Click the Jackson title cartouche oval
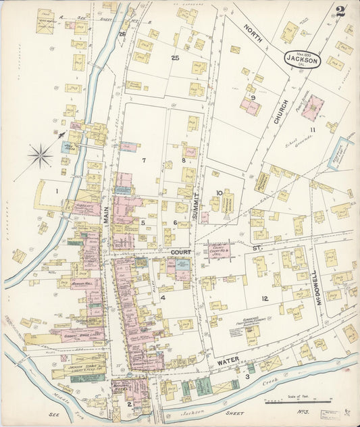[302, 59]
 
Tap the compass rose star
[41, 156]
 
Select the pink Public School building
[312, 107]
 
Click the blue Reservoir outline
[341, 153]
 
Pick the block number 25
[175, 58]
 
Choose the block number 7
[144, 160]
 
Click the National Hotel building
[122, 387]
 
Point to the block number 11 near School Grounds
[312, 129]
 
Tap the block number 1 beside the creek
[57, 191]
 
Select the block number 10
[219, 193]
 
